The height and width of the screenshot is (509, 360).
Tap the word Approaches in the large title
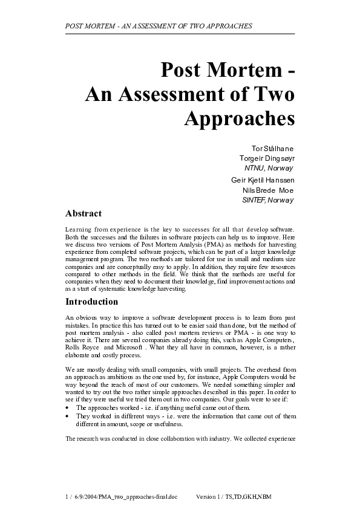(x=238, y=117)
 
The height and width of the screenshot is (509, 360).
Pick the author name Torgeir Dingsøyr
(x=267, y=158)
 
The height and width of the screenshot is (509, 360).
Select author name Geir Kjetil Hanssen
(x=263, y=180)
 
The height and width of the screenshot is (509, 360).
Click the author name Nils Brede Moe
(x=268, y=190)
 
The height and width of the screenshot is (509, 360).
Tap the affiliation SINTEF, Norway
(x=267, y=199)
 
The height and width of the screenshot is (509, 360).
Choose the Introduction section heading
(x=91, y=301)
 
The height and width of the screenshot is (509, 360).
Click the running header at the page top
(x=158, y=27)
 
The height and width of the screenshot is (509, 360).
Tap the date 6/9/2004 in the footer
(x=87, y=496)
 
